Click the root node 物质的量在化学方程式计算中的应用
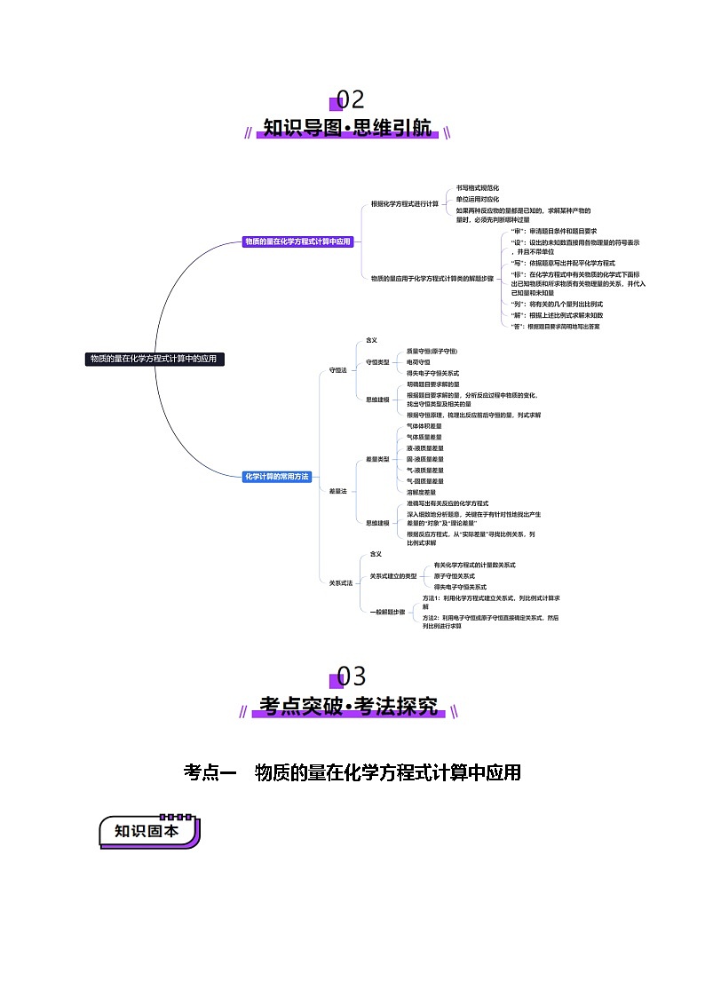[153, 359]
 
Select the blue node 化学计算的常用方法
[277, 477]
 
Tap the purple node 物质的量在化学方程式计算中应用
[297, 241]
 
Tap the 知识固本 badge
[147, 832]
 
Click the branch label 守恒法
[338, 369]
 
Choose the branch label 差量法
[338, 491]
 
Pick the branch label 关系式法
[341, 582]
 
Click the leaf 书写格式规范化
[478, 188]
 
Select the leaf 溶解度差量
[421, 492]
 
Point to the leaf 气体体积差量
[424, 426]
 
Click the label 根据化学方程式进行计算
[405, 204]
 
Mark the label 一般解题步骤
[387, 613]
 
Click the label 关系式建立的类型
[393, 576]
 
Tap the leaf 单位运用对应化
[478, 200]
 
